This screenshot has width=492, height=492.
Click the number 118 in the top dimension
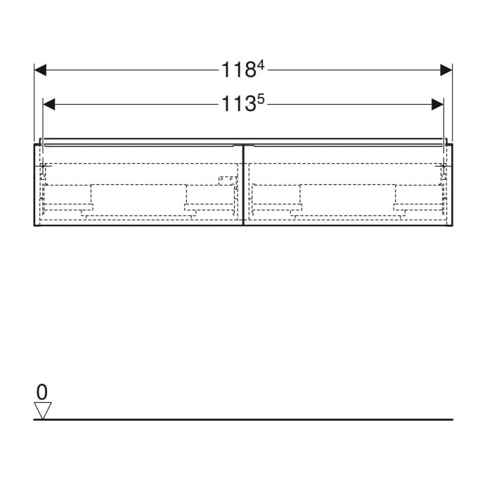coord(239,70)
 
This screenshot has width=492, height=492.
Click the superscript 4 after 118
coord(261,66)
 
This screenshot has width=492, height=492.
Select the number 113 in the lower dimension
coord(239,104)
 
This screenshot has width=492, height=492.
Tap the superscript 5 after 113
coord(261,101)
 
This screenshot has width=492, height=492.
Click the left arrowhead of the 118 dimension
coord(40,70)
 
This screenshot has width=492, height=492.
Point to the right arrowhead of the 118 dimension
coord(446,70)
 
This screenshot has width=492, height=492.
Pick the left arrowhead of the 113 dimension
coord(48,105)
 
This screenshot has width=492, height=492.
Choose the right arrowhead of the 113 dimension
coord(437,105)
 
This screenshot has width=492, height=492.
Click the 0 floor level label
coord(42,392)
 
